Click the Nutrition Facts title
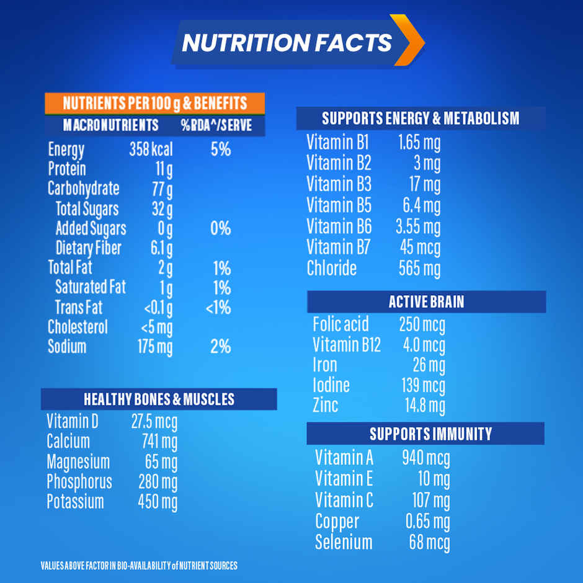click(x=287, y=42)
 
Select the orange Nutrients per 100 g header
click(x=154, y=103)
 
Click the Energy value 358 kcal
click(x=151, y=149)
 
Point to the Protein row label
click(x=67, y=169)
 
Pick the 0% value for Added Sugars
click(x=220, y=229)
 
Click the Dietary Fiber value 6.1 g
click(x=161, y=249)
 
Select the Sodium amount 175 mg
click(x=155, y=347)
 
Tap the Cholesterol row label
click(x=78, y=327)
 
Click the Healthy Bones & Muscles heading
click(x=159, y=399)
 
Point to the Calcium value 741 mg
click(x=159, y=442)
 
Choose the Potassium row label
click(x=75, y=502)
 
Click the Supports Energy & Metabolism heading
click(x=421, y=118)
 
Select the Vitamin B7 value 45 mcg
click(x=420, y=248)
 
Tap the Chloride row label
click(x=332, y=269)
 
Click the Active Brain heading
click(x=426, y=302)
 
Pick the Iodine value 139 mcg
click(x=423, y=386)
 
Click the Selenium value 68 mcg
click(x=429, y=543)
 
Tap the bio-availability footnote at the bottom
click(x=139, y=566)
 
